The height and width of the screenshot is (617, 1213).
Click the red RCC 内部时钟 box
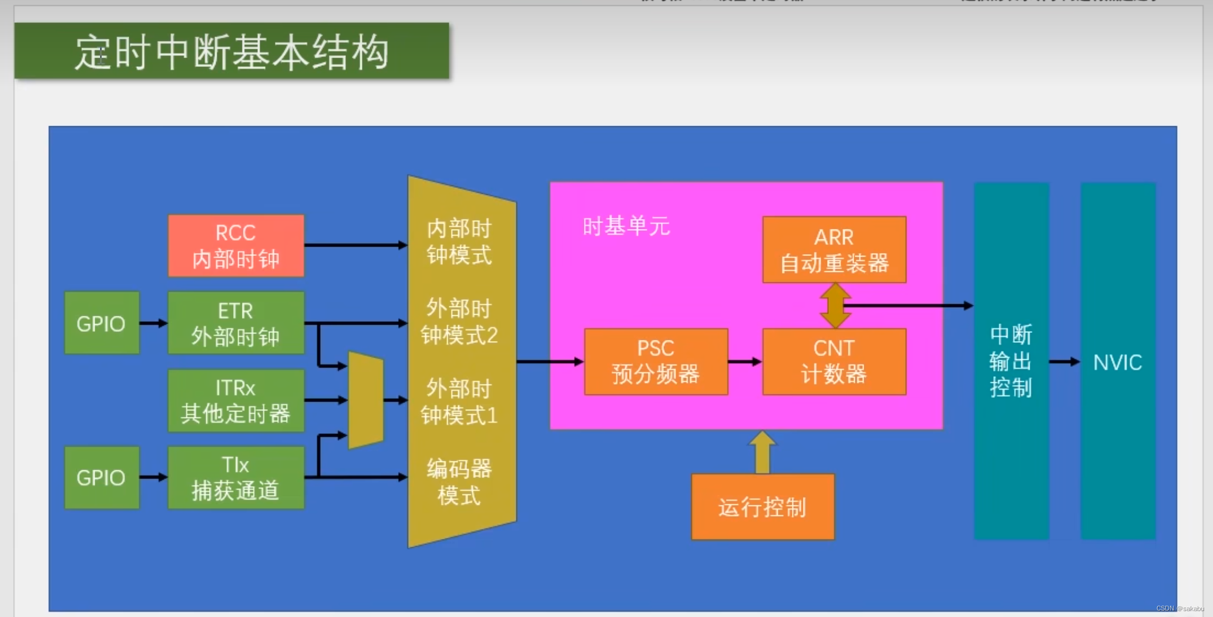tap(236, 245)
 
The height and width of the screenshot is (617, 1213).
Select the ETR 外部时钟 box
tap(236, 323)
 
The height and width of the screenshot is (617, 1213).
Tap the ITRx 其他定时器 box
tap(236, 400)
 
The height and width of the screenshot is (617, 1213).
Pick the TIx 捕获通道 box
tap(236, 477)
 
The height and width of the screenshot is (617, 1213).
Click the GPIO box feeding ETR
tap(101, 323)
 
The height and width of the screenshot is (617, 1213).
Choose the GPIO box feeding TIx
tap(101, 477)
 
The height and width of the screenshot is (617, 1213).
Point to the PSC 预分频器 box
tap(656, 362)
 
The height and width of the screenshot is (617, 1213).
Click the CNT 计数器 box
tap(834, 362)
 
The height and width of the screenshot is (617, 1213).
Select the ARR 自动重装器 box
tap(834, 250)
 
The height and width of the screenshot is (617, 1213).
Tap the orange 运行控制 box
tap(762, 507)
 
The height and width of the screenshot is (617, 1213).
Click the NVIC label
tap(1117, 362)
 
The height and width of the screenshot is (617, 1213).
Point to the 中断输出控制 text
tap(1011, 361)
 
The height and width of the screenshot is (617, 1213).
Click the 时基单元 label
tap(626, 226)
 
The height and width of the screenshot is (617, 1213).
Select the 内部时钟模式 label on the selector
tap(459, 242)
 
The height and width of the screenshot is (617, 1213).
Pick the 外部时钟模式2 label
tap(459, 322)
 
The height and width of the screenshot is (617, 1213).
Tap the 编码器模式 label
tap(459, 482)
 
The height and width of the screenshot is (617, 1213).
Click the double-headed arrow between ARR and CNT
tap(835, 305)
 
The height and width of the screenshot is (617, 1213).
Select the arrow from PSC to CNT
tap(745, 362)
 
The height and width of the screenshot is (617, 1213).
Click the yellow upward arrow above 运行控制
tap(762, 452)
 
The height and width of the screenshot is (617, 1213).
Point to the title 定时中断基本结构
tap(231, 52)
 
